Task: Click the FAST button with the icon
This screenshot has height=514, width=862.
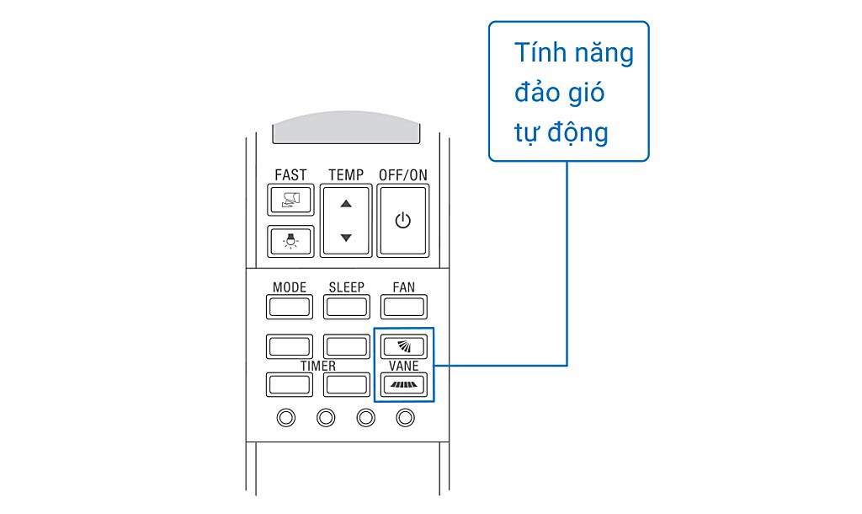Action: pos(290,200)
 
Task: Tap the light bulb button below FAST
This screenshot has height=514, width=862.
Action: pos(290,241)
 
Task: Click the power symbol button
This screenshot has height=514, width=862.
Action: pos(402,221)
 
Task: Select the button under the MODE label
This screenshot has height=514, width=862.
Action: pos(289,306)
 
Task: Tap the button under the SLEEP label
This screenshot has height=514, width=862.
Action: pos(346,306)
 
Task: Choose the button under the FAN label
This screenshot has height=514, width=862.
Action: pos(403,306)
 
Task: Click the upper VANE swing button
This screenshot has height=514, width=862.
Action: pos(403,345)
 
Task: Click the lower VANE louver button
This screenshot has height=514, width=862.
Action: pos(403,385)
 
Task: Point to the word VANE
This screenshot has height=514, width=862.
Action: pos(404,366)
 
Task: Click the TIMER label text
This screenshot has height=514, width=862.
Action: pos(318,366)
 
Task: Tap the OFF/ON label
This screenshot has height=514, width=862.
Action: pos(403,174)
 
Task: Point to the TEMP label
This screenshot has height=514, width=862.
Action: pos(346,174)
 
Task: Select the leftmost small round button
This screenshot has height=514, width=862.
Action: pos(287,417)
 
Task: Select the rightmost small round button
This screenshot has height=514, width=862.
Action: pos(406,417)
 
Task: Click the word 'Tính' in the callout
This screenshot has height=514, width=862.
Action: pos(538,53)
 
